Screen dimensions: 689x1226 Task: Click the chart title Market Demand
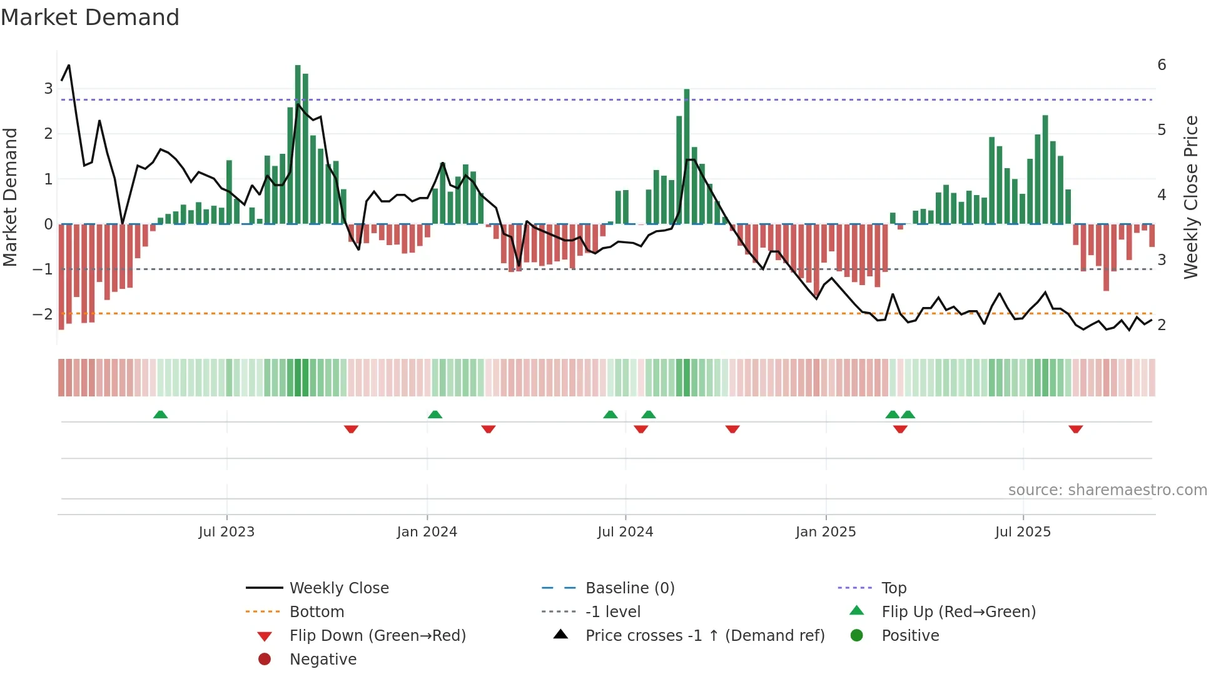coord(90,17)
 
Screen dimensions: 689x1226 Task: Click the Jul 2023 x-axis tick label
coord(226,532)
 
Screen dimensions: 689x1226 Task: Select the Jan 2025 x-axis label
coord(826,532)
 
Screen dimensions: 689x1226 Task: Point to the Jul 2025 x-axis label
coord(1023,532)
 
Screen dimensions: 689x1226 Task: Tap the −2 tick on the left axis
coord(43,314)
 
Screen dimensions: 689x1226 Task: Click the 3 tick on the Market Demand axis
coord(48,88)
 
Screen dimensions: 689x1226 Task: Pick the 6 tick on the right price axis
coord(1162,64)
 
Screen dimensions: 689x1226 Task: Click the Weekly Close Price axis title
coord(1191,197)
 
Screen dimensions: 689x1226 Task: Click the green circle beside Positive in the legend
coord(857,635)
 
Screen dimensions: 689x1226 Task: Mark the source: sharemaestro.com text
coord(1107,490)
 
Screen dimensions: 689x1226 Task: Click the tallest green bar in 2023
coord(298,144)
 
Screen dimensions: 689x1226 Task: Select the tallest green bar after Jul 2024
coord(687,156)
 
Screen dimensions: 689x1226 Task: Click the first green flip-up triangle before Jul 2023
coord(161,414)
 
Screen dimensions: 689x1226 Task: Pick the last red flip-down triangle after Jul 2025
coord(1076,429)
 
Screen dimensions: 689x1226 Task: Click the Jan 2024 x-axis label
coord(427,532)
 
